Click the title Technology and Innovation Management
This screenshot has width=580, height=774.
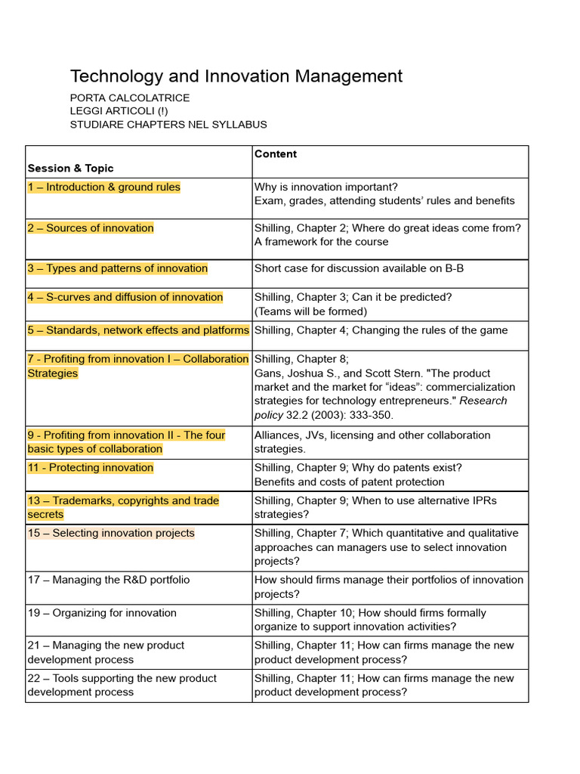[236, 76]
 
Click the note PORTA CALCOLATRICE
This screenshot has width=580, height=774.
[129, 98]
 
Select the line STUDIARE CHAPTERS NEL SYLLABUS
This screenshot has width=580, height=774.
[168, 125]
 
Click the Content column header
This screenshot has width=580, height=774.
[275, 154]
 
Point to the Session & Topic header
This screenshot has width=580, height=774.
[70, 168]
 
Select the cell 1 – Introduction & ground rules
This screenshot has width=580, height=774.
[104, 187]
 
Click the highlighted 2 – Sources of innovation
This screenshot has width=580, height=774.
[91, 228]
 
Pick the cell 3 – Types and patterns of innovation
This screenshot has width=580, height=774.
[117, 268]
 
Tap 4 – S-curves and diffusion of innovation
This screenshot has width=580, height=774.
[125, 297]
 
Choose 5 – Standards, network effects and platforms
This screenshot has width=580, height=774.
[138, 330]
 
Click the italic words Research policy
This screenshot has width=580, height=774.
[381, 407]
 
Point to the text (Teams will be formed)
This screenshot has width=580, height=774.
[310, 311]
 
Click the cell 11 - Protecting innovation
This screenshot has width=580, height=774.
[91, 468]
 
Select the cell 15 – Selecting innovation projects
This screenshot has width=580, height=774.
[111, 534]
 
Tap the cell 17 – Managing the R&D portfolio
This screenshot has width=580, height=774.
[109, 580]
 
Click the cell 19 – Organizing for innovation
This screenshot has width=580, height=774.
[102, 613]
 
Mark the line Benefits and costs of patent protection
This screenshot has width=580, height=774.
[349, 482]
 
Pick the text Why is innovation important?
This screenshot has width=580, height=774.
[325, 187]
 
